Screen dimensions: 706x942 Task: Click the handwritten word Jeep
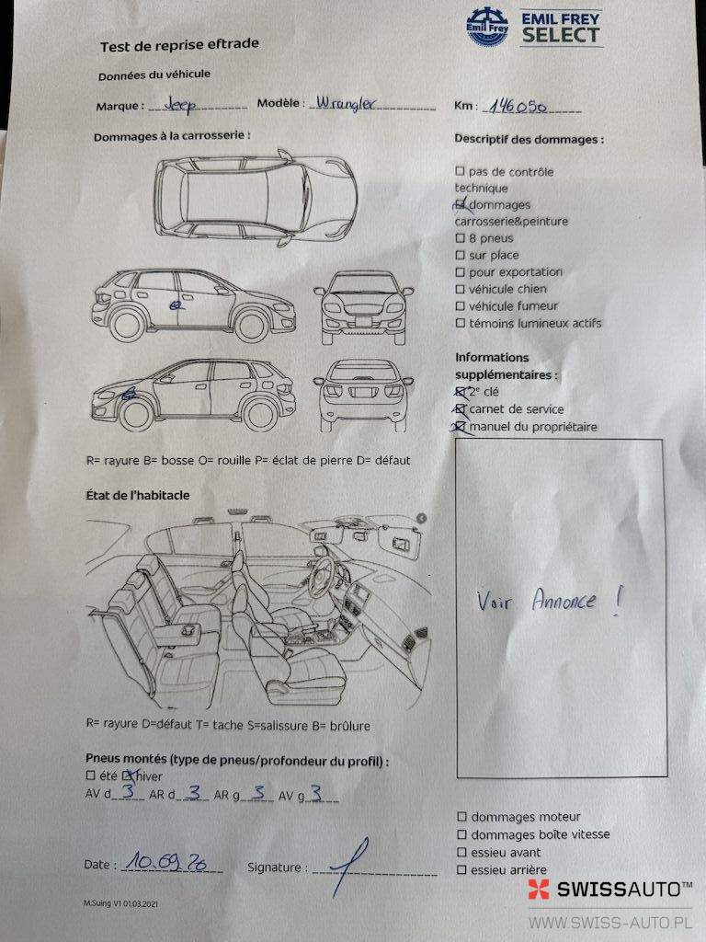click(x=180, y=105)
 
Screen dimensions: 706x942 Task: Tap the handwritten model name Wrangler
click(x=346, y=103)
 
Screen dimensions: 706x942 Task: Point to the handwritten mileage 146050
click(x=517, y=107)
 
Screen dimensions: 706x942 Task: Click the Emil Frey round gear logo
click(x=487, y=27)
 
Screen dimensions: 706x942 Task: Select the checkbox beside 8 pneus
click(x=461, y=238)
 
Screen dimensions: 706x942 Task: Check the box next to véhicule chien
click(x=461, y=289)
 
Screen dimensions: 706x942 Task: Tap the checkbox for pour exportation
click(x=461, y=272)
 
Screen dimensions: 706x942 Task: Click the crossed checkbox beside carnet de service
click(x=461, y=409)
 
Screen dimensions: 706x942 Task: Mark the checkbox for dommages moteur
click(x=461, y=817)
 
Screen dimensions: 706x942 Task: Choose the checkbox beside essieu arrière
click(x=461, y=869)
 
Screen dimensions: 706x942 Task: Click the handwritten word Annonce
click(x=564, y=600)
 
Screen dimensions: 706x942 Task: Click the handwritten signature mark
click(x=349, y=867)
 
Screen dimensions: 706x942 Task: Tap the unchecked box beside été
click(x=91, y=775)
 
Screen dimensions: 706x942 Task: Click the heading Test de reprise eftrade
click(x=179, y=45)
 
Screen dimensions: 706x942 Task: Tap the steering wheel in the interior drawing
click(x=323, y=575)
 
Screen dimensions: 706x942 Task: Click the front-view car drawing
click(x=363, y=307)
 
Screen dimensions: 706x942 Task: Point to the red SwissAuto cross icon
click(x=539, y=890)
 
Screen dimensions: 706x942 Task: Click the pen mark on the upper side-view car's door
click(x=176, y=305)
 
